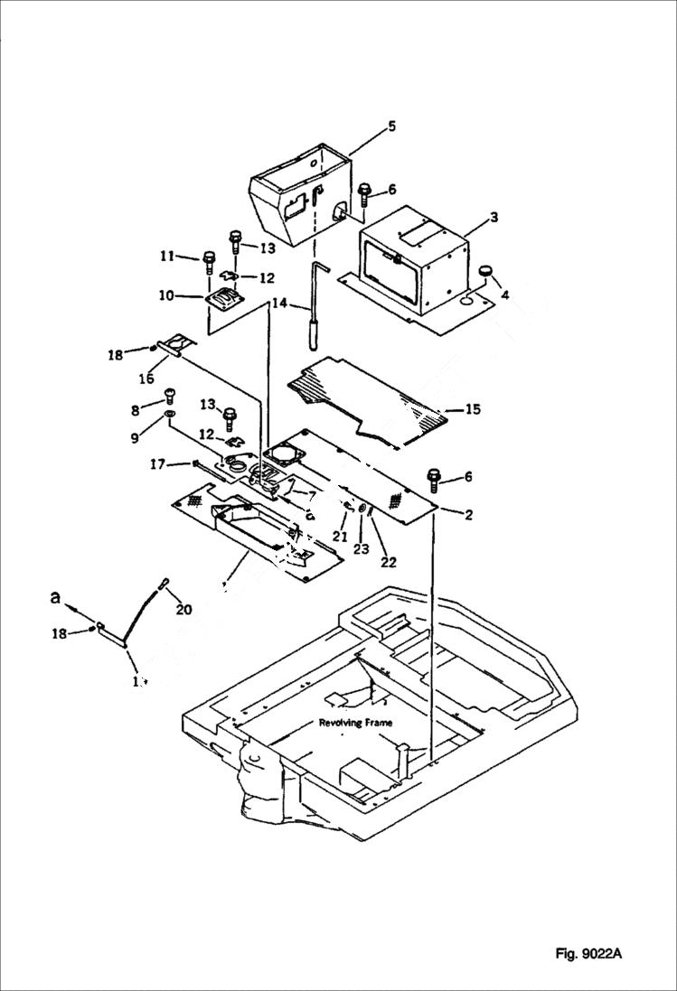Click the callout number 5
pyautogui.click(x=391, y=126)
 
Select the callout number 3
pyautogui.click(x=494, y=217)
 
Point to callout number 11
pyautogui.click(x=166, y=257)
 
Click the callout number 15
pyautogui.click(x=472, y=409)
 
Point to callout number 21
pyautogui.click(x=339, y=537)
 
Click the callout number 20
pyautogui.click(x=184, y=610)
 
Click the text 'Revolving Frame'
pyautogui.click(x=354, y=724)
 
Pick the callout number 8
pyautogui.click(x=136, y=410)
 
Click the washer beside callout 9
pyautogui.click(x=169, y=417)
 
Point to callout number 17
pyautogui.click(x=158, y=465)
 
